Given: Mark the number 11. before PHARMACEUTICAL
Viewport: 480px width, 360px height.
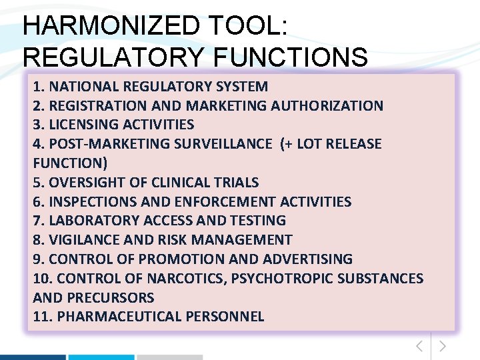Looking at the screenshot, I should tap(43, 317).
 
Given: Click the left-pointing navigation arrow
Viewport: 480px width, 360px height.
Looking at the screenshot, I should tap(419, 346).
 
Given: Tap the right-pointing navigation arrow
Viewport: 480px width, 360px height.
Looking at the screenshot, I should tap(443, 346).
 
